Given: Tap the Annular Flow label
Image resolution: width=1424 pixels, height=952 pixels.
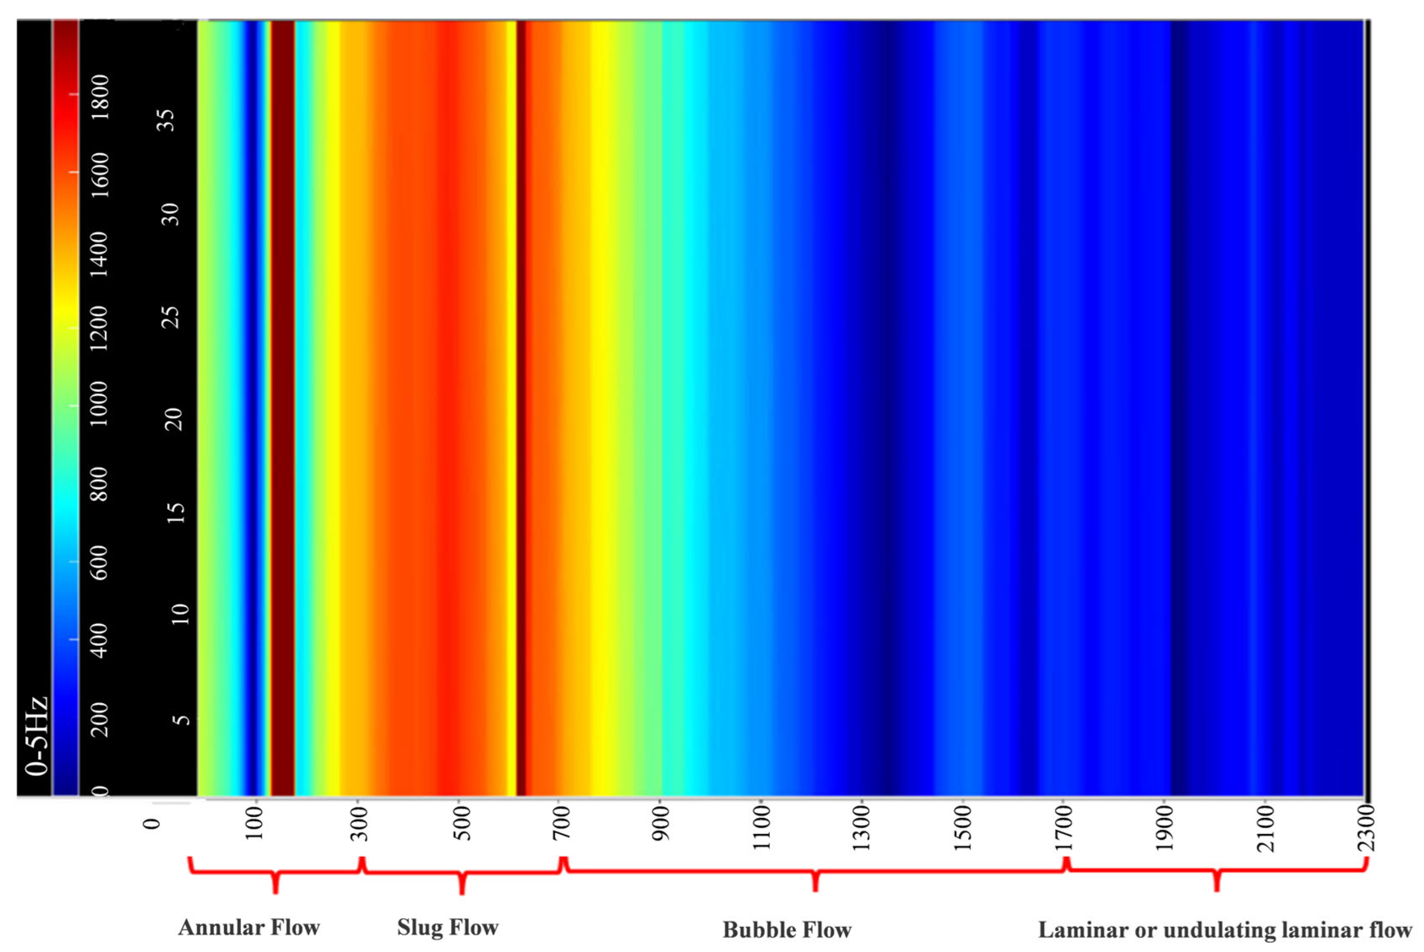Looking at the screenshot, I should pyautogui.click(x=249, y=927).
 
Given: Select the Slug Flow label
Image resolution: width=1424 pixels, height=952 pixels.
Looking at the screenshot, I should pyautogui.click(x=448, y=927).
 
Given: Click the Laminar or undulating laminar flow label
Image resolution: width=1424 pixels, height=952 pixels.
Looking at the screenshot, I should pyautogui.click(x=1225, y=930).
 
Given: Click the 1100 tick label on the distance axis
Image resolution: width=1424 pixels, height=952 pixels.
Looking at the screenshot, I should pyautogui.click(x=761, y=828).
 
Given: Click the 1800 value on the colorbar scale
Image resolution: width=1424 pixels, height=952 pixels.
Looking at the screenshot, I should pyautogui.click(x=99, y=96).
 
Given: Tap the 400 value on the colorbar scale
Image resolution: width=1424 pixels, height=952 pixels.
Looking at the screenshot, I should pyautogui.click(x=99, y=640).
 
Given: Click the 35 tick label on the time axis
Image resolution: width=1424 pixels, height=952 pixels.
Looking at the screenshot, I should pyautogui.click(x=167, y=120).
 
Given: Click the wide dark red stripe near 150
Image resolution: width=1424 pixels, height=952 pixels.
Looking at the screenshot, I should pyautogui.click(x=282, y=407).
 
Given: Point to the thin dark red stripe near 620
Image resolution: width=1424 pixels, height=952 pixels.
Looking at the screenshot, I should pyautogui.click(x=521, y=407).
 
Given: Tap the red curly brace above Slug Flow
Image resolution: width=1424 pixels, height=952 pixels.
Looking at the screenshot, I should pyautogui.click(x=462, y=874).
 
